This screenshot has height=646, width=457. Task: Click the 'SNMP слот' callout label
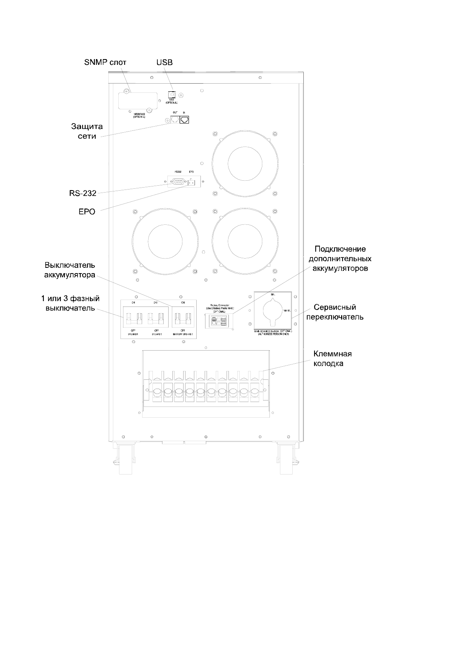(x=105, y=63)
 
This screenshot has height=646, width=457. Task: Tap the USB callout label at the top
(x=164, y=63)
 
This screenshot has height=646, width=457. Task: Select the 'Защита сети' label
(x=87, y=131)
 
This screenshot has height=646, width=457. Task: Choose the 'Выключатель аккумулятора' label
(x=70, y=270)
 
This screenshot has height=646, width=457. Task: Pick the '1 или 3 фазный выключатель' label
(x=70, y=303)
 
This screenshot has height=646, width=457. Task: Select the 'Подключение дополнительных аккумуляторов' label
(x=340, y=259)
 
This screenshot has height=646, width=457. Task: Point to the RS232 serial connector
(x=178, y=182)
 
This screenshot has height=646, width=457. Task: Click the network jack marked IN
(x=185, y=120)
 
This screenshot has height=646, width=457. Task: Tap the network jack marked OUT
(x=175, y=120)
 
